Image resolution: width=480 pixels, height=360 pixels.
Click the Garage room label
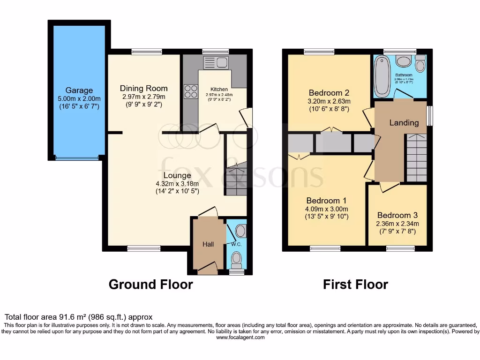pos(79,90)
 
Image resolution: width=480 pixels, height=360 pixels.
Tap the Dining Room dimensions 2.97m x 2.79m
pos(143,97)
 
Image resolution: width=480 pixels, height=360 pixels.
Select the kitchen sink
pos(216,62)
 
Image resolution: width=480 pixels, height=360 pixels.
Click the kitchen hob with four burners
pos(191,91)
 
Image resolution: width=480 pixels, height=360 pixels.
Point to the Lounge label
pos(174,175)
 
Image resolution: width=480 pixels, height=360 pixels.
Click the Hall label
pos(208,244)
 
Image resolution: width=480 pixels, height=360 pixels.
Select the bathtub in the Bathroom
pos(380,76)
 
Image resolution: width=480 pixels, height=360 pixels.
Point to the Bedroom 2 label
pos(329,92)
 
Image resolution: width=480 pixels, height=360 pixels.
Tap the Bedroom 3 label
pos(398,215)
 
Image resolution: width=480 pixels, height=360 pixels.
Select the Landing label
pos(404,123)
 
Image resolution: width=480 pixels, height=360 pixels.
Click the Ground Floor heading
pos(150,284)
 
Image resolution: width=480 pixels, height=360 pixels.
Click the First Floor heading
pos(355,284)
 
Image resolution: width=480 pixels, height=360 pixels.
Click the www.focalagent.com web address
pos(240,337)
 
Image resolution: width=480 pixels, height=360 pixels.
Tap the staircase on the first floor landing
pos(416,157)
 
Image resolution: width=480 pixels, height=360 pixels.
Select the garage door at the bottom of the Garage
pos(77,158)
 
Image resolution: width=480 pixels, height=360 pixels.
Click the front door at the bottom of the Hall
pos(208,269)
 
